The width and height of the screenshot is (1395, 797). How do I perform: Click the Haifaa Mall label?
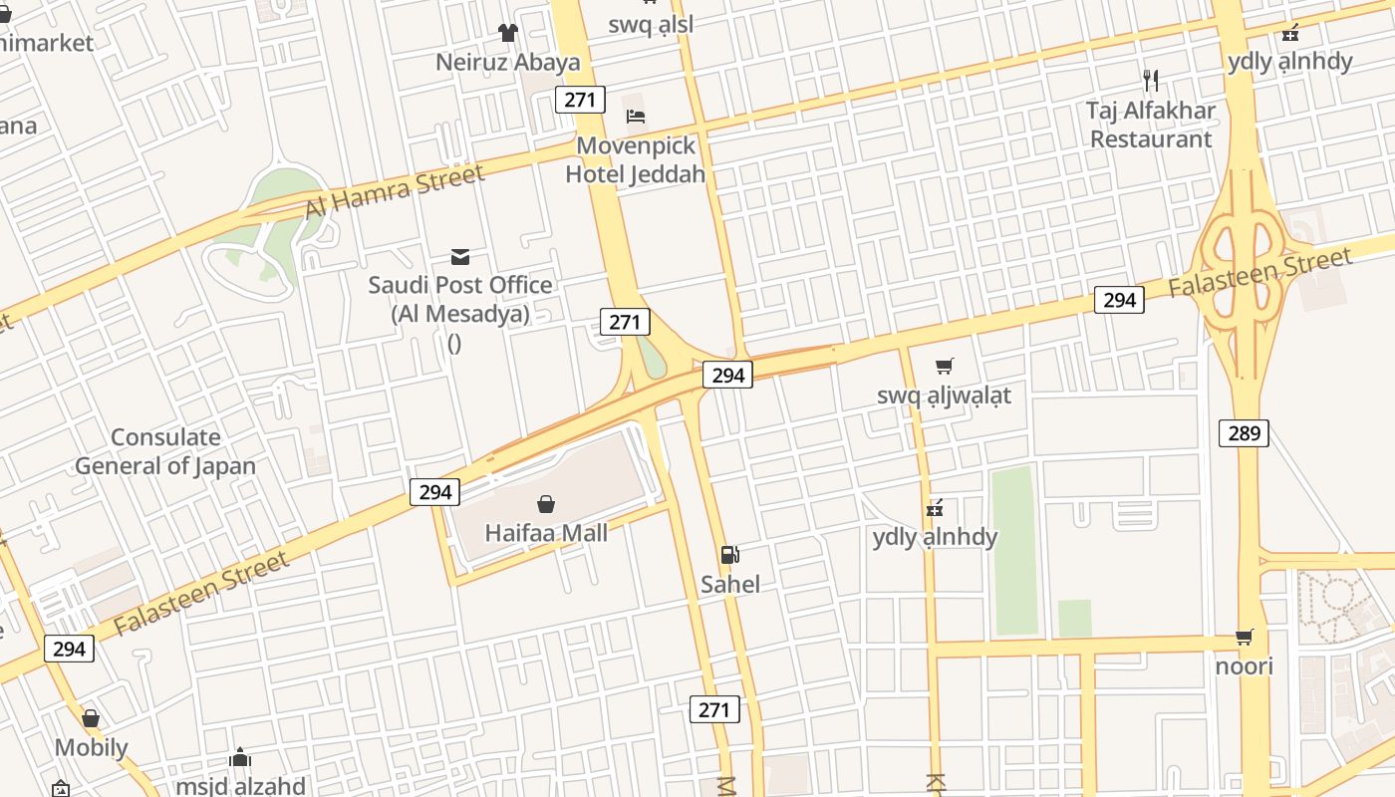(x=546, y=533)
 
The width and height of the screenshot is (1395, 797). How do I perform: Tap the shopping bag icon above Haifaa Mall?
(x=546, y=503)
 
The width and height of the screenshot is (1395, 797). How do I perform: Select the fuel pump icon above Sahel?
(x=730, y=555)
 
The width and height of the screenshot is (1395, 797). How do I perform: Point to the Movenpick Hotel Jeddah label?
(x=636, y=159)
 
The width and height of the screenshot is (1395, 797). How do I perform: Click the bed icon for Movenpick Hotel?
(x=636, y=116)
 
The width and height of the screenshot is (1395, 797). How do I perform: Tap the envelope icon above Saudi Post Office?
(x=460, y=257)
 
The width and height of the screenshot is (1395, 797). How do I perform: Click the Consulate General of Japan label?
(x=165, y=451)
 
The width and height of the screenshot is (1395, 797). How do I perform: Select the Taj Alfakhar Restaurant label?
(x=1151, y=125)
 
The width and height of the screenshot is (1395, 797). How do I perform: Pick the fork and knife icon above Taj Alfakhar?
(x=1151, y=80)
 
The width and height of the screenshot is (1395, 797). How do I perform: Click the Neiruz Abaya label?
(x=508, y=63)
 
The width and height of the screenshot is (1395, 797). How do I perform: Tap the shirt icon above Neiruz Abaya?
(x=508, y=33)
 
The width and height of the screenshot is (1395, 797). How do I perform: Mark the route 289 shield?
(x=1244, y=433)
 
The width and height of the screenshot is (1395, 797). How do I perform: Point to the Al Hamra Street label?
(x=395, y=190)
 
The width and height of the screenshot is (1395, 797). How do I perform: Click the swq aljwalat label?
(x=944, y=396)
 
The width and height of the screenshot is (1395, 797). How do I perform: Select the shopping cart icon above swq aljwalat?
(x=944, y=366)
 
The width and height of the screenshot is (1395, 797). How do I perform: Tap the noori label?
(x=1245, y=665)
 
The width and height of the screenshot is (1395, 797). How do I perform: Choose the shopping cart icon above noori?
(x=1245, y=637)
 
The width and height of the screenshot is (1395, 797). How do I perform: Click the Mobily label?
(x=91, y=747)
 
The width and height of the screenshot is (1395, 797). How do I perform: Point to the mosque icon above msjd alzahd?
(x=240, y=758)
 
